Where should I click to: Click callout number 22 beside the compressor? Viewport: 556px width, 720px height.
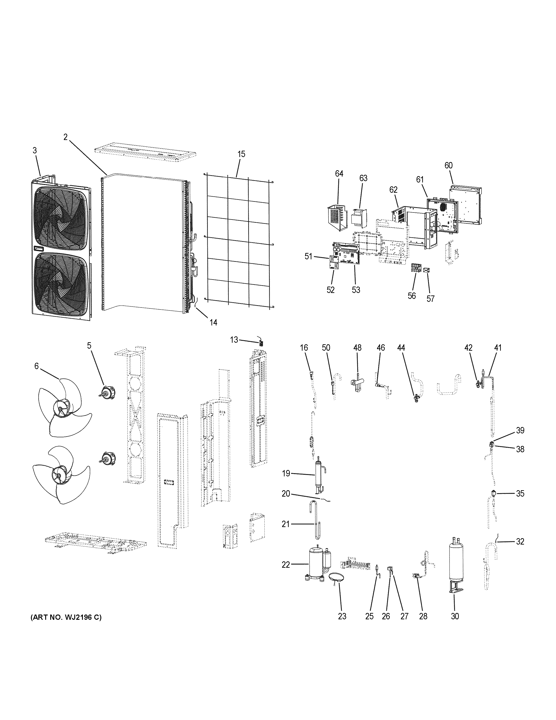[285, 565]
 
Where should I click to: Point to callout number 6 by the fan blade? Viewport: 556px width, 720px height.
[36, 366]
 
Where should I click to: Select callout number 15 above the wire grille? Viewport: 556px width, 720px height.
[241, 154]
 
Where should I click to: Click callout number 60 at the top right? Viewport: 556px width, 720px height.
[448, 165]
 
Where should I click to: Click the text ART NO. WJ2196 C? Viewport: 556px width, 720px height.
[66, 617]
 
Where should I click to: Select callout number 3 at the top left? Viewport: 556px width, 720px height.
[35, 150]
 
